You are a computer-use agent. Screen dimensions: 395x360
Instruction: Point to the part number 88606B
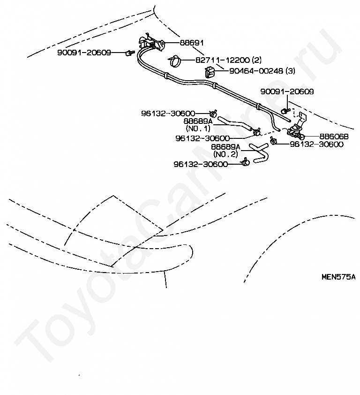(334, 137)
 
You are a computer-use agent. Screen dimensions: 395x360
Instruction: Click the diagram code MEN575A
(338, 277)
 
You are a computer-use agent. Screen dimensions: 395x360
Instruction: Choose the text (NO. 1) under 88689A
(199, 128)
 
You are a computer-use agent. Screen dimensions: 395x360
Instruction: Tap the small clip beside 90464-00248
(210, 72)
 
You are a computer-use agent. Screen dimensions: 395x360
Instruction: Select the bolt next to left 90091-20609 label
(127, 53)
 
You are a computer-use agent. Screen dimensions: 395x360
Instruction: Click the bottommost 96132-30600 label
(201, 164)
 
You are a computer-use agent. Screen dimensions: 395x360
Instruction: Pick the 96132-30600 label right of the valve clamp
(316, 144)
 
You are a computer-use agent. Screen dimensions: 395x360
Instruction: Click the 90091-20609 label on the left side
(84, 53)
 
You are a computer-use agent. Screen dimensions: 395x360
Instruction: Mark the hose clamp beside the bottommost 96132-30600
(245, 163)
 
